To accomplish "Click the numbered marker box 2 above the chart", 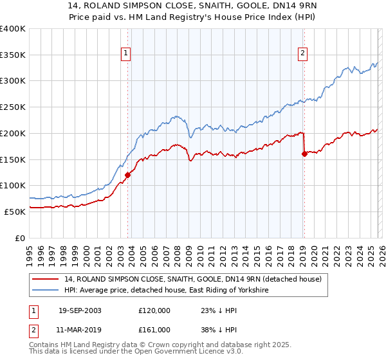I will (x=302, y=54).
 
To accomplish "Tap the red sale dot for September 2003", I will (x=127, y=174).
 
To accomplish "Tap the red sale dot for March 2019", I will (x=304, y=153).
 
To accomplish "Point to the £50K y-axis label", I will (x=15, y=212).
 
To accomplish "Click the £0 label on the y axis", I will (x=19, y=238).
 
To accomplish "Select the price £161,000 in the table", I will (x=154, y=329).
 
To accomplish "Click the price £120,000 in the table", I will (x=154, y=310).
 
